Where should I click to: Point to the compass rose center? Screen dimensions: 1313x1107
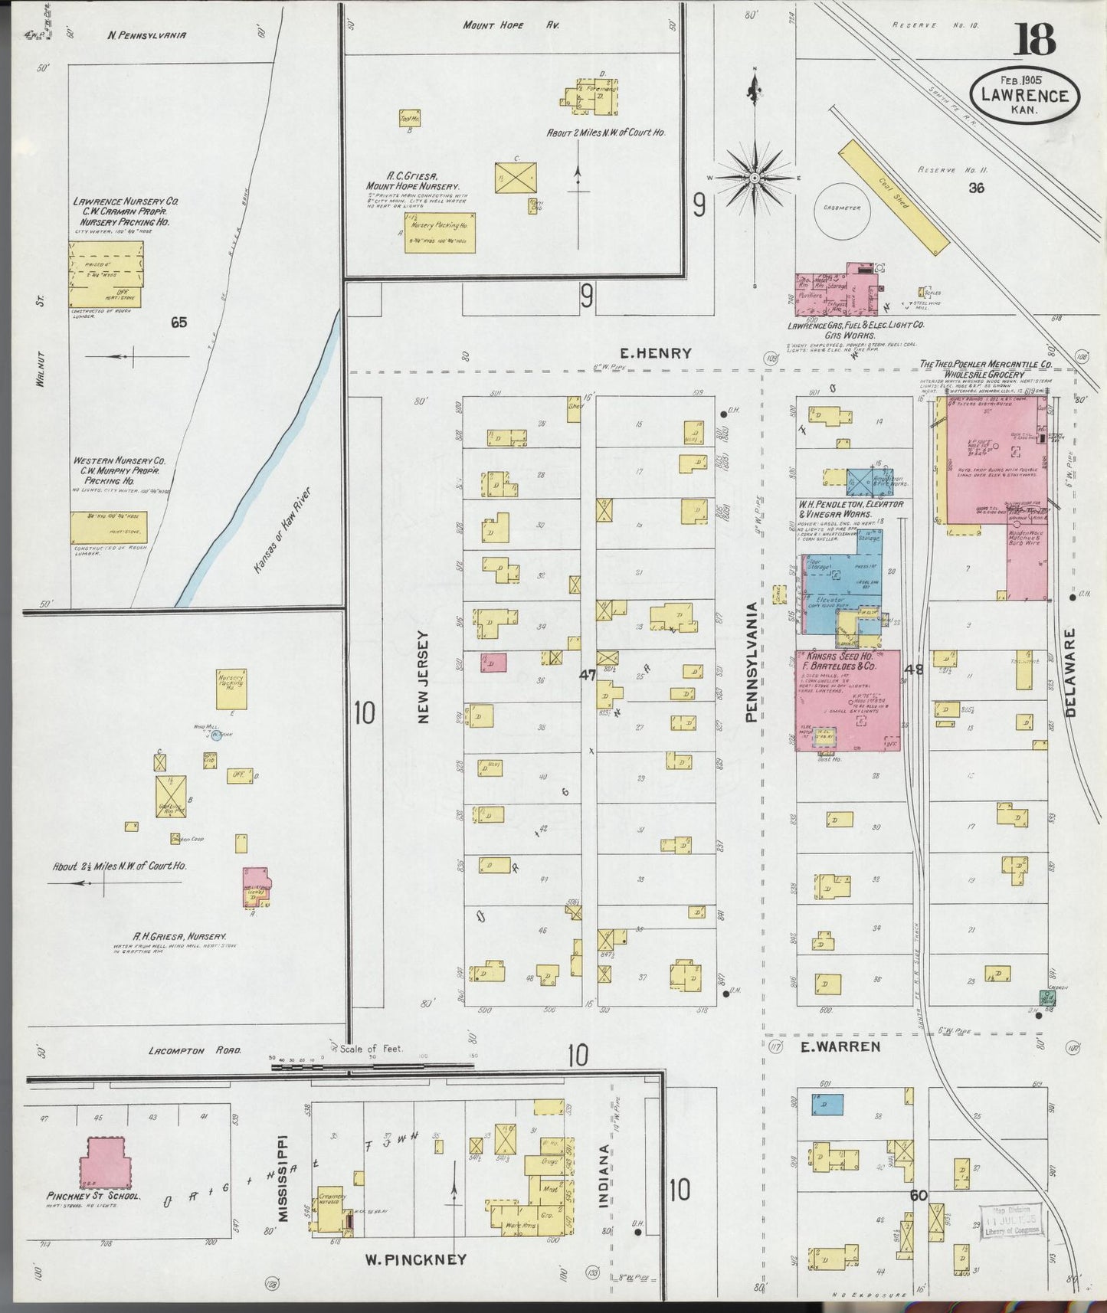point(755,178)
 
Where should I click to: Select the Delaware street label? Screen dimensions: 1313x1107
point(1070,673)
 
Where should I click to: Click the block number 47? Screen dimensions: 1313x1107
point(588,675)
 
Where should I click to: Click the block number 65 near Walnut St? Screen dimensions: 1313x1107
point(178,323)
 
